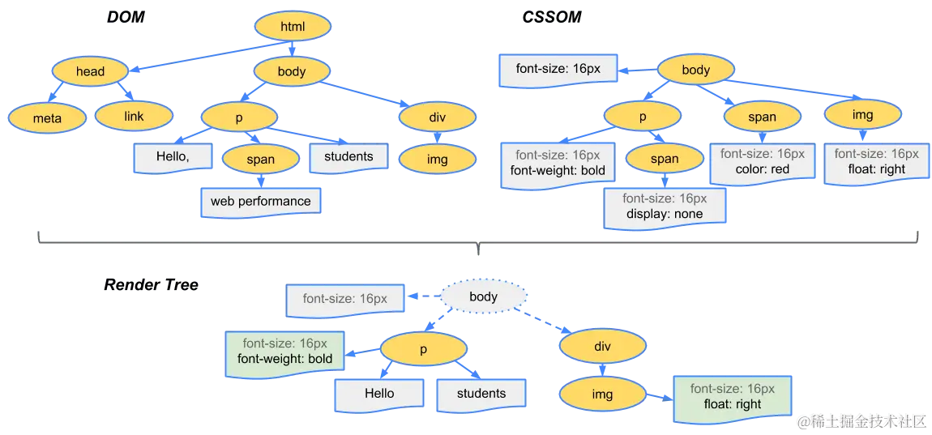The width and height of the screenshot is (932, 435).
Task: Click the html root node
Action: click(x=292, y=27)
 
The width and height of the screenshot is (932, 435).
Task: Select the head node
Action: click(x=90, y=71)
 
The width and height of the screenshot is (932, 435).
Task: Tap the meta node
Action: click(x=47, y=118)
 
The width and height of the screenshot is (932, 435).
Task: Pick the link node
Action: click(x=134, y=117)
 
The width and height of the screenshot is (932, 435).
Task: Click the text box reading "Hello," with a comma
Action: click(x=173, y=157)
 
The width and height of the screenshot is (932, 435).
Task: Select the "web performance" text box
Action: click(x=260, y=201)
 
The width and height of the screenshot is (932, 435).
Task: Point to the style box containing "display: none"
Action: click(x=664, y=207)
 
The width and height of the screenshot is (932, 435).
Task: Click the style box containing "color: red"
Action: click(x=762, y=162)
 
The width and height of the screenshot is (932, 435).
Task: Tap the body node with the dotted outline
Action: click(x=483, y=296)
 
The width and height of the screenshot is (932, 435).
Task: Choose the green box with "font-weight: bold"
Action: click(x=284, y=352)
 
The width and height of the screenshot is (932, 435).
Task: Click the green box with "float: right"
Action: click(x=732, y=397)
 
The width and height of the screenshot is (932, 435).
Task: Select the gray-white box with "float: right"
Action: click(x=875, y=162)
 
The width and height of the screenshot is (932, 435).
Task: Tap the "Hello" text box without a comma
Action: click(x=378, y=394)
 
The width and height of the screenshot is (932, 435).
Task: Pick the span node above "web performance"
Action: click(x=260, y=160)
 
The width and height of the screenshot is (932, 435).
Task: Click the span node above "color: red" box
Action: click(x=762, y=117)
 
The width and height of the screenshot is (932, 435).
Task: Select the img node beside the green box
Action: click(x=602, y=394)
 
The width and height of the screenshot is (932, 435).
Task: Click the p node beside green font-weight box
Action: click(x=423, y=349)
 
